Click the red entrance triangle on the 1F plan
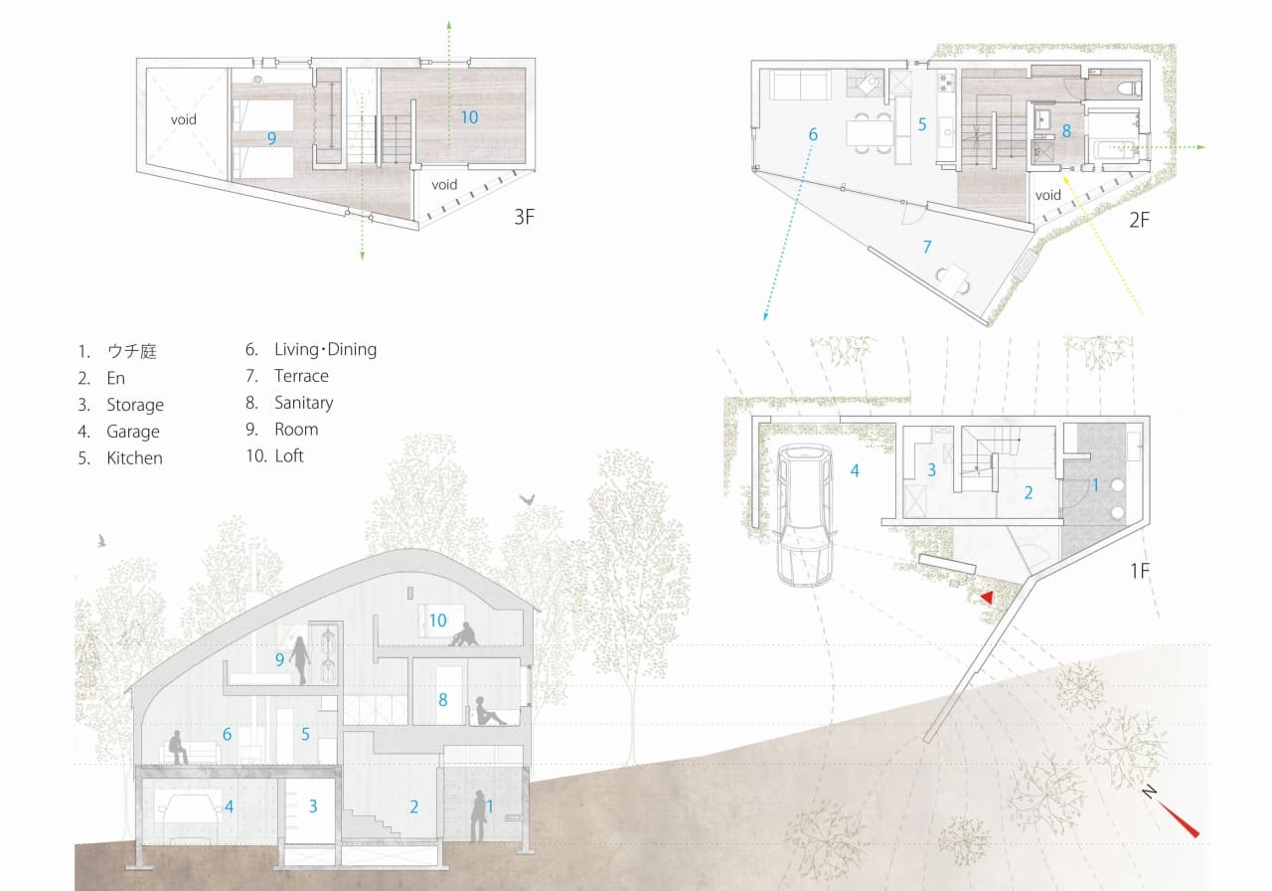(x=988, y=598)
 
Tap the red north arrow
(x=1179, y=820)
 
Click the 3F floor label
(x=524, y=217)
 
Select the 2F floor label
(x=1139, y=220)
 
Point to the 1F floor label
(x=1140, y=571)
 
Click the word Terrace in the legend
(x=301, y=376)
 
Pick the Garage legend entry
(x=133, y=432)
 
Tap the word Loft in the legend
(x=289, y=455)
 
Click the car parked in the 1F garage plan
(x=804, y=515)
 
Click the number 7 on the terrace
(x=927, y=247)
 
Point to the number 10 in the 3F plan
(x=469, y=117)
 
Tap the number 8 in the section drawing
(x=443, y=700)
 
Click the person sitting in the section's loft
(x=464, y=634)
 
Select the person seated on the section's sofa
(x=178, y=747)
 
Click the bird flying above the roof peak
(x=527, y=500)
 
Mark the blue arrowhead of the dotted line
(x=765, y=316)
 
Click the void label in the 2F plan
(x=1047, y=195)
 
